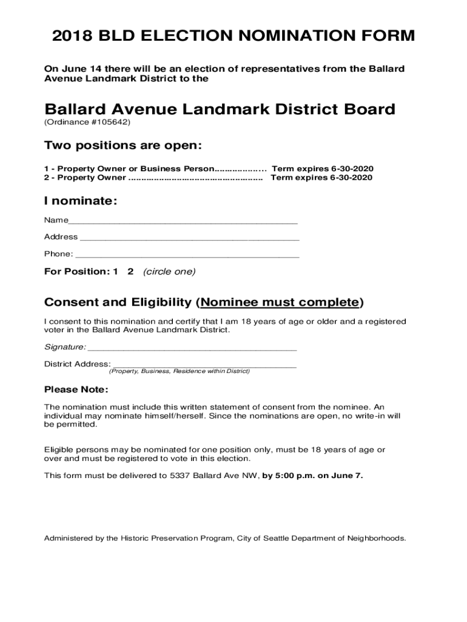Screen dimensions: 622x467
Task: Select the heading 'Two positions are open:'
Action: click(123, 146)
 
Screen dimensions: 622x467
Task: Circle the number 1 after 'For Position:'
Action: click(115, 272)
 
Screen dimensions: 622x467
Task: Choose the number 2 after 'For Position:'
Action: click(130, 272)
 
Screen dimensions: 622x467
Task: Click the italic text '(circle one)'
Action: click(169, 272)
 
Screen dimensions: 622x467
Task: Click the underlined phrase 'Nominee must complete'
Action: click(280, 302)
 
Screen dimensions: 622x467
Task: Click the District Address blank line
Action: click(204, 366)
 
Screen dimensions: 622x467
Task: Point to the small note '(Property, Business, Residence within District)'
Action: click(179, 371)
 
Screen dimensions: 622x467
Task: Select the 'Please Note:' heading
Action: click(76, 389)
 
